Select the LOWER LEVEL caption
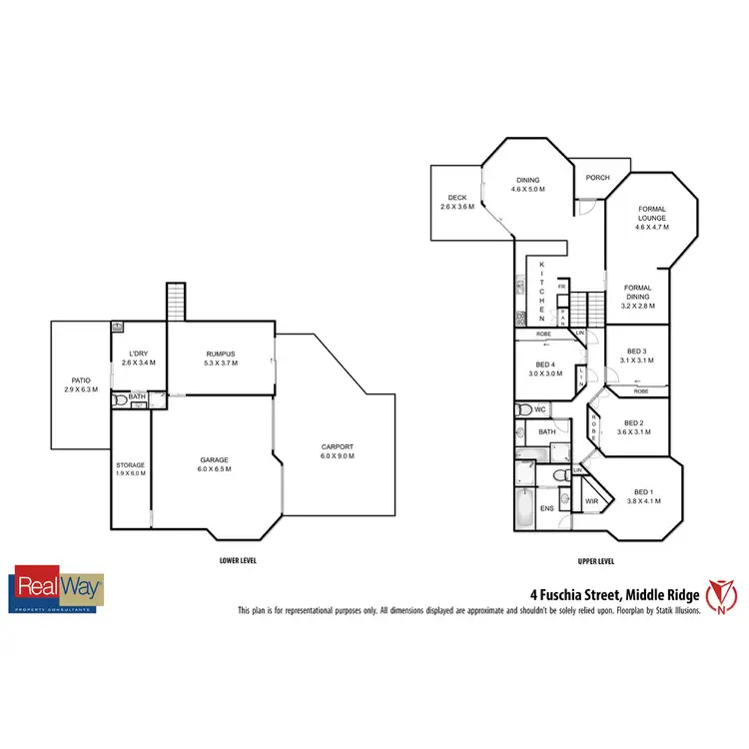click(238, 560)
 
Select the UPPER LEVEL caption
click(595, 560)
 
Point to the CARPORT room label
click(338, 450)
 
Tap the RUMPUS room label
click(220, 358)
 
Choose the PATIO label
click(81, 384)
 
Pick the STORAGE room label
click(130, 468)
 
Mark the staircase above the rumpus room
click(176, 301)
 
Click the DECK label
click(457, 202)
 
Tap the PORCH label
click(597, 178)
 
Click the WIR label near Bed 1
click(591, 501)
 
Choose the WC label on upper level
click(539, 409)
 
